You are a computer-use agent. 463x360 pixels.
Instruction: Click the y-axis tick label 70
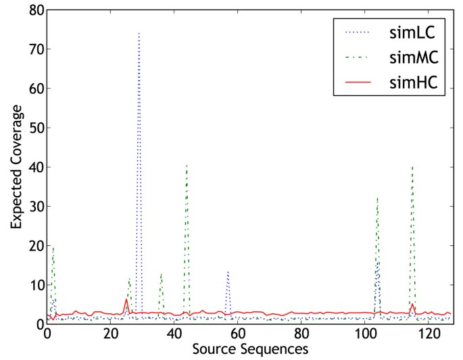[34, 49]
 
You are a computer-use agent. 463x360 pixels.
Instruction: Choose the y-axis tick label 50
[34, 128]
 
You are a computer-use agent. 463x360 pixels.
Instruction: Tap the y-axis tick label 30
[34, 206]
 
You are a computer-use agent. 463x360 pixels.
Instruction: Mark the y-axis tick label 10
[34, 285]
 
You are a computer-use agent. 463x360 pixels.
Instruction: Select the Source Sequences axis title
[250, 349]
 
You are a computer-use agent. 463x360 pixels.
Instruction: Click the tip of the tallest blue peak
[139, 32]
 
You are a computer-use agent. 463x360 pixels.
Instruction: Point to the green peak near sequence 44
[187, 164]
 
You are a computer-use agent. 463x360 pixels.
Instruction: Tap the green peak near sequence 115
[412, 165]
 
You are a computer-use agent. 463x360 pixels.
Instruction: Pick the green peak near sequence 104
[377, 198]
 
